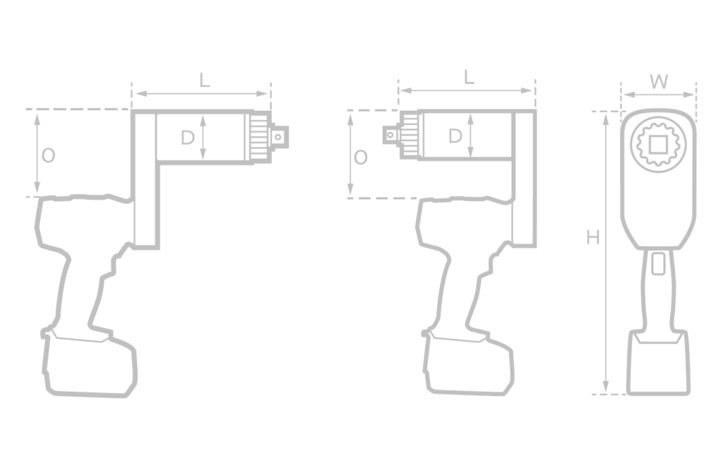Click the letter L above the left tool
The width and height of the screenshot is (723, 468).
coord(204,80)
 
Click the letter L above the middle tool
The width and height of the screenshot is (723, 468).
coord(469,77)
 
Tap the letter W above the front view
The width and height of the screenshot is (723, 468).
coord(659,82)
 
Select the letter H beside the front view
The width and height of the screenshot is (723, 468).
coord(592,238)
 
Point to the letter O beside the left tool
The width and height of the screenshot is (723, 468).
coord(49,155)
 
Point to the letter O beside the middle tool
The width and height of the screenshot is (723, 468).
coord(361,157)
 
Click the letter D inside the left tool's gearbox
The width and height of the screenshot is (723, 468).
coord(188,138)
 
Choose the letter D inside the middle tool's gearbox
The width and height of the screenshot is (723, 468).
coord(455,136)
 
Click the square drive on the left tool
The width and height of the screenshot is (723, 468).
coord(279,137)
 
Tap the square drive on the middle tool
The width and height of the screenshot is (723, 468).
coord(391,135)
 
